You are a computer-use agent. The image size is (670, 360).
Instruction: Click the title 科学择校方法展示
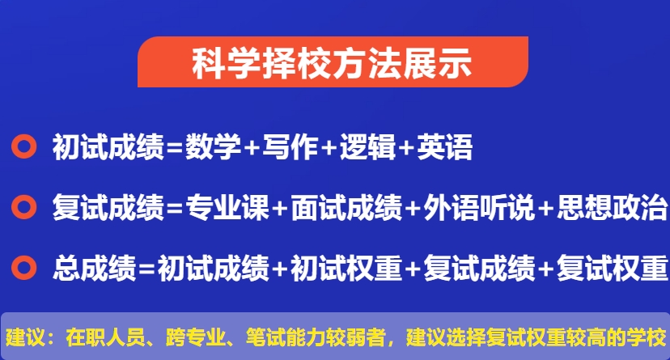click(332, 63)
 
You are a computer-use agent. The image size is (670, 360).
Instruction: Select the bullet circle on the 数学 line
click(25, 147)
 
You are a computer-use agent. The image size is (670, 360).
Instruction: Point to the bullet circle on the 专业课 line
click(25, 207)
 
